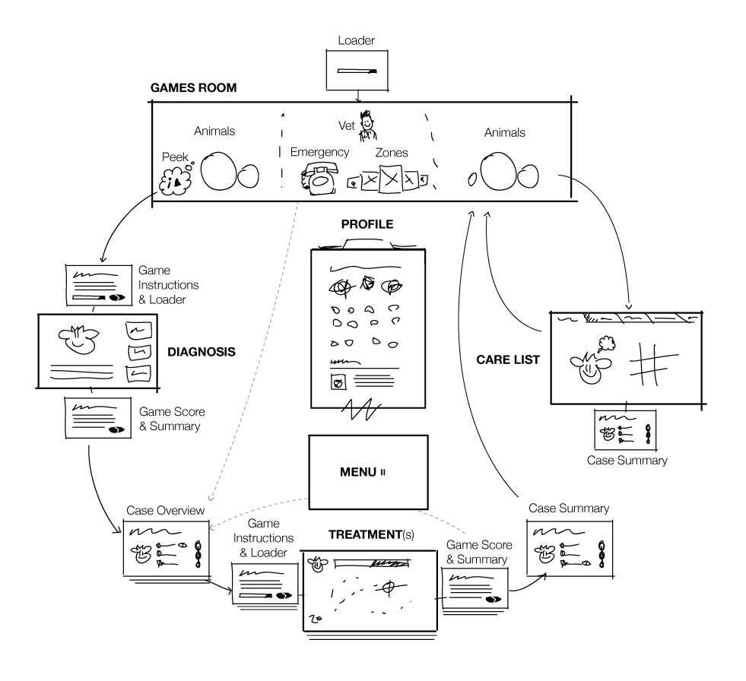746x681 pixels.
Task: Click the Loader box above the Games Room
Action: click(356, 71)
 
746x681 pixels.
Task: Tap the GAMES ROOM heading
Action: click(194, 88)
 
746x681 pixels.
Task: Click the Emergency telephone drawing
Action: click(317, 179)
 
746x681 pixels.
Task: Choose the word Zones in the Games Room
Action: click(392, 153)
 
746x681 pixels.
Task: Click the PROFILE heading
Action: click(367, 226)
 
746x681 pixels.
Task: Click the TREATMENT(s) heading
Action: click(371, 534)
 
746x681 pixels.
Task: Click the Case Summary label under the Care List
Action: click(627, 461)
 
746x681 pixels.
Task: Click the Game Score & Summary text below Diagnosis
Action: click(172, 419)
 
